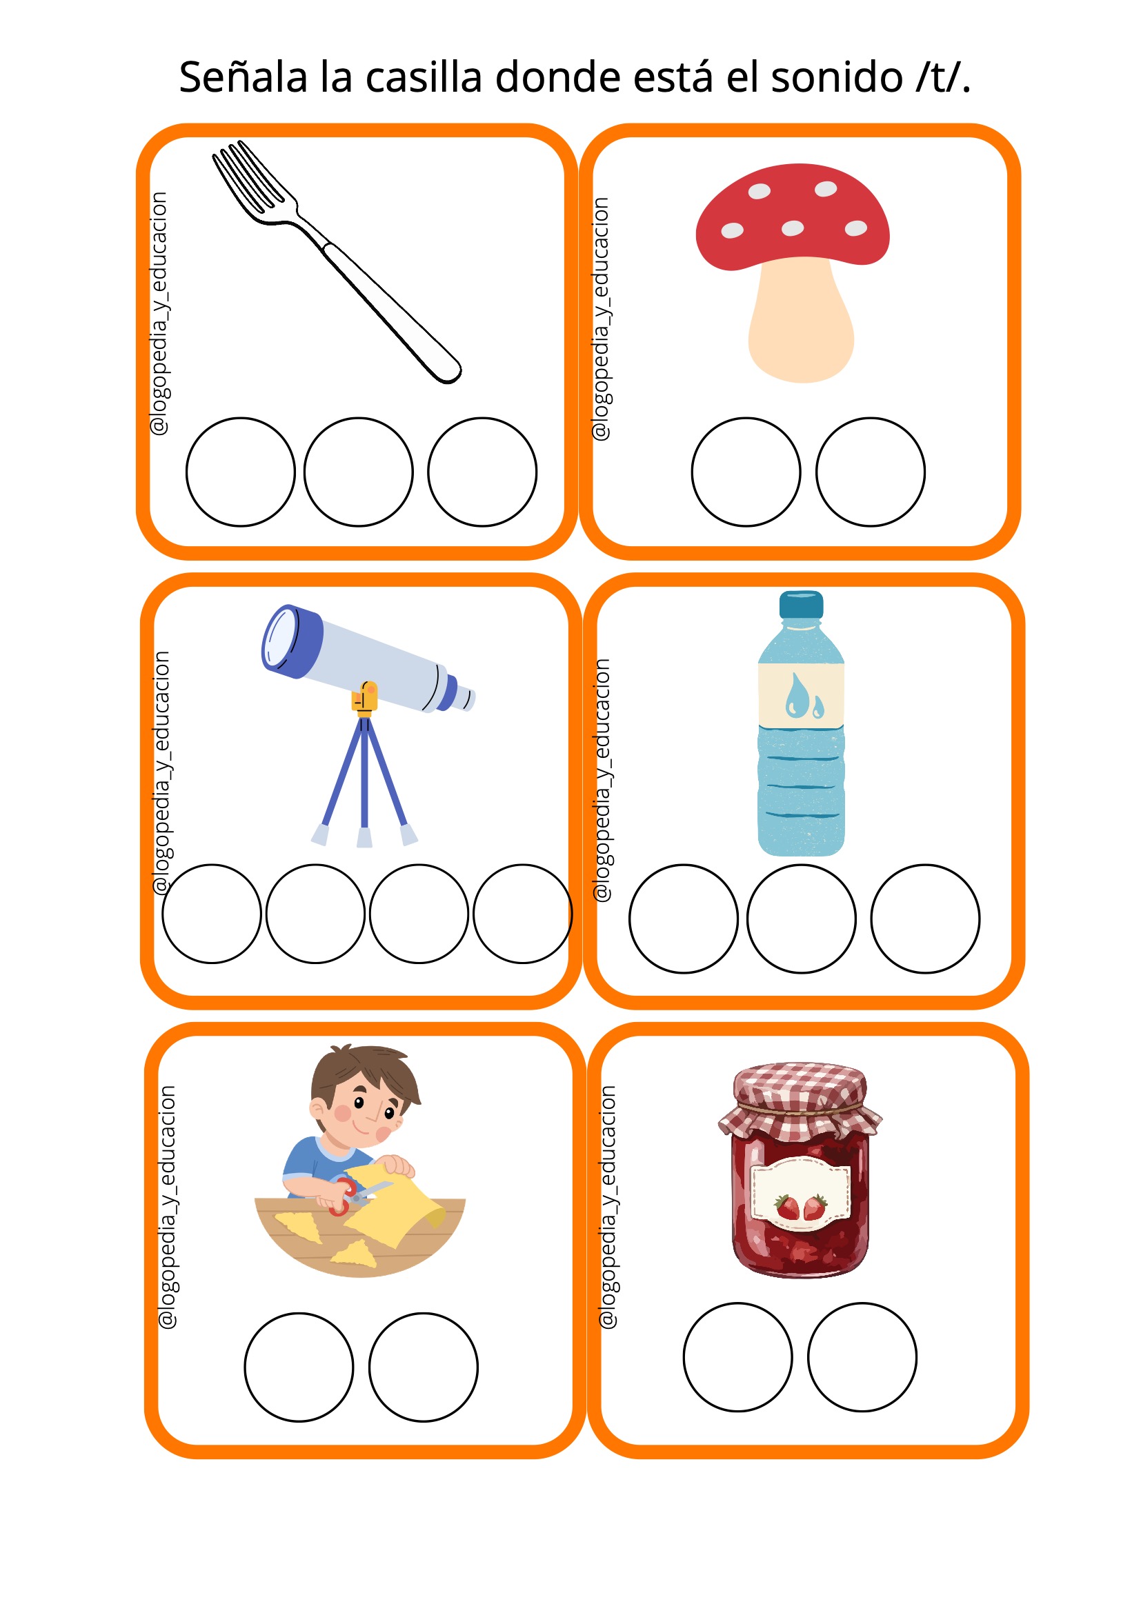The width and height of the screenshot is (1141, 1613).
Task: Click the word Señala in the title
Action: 243,77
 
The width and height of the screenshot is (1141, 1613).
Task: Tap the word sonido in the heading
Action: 837,77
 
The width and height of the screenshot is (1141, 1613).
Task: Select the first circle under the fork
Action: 240,472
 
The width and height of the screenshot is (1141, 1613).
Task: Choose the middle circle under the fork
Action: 358,472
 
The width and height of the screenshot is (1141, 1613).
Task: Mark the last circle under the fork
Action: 483,472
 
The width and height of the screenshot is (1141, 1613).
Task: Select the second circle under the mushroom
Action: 871,472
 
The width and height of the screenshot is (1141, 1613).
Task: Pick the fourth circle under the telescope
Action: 523,914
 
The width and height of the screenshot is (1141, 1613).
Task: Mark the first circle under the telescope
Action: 212,914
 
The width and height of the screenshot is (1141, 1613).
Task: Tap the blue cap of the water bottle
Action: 801,605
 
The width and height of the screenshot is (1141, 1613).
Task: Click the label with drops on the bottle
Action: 801,696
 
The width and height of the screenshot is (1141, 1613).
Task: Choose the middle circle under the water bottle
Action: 802,919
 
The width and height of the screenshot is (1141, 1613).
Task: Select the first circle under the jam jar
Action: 737,1357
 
